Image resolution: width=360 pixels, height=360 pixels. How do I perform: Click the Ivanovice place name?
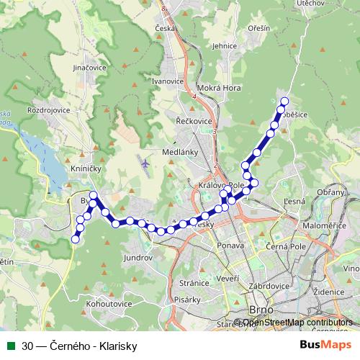167,81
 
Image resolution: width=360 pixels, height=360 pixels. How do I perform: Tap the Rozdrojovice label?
48,111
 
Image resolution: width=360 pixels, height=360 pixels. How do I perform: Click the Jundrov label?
139,256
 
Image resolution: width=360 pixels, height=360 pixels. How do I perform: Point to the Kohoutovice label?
109,304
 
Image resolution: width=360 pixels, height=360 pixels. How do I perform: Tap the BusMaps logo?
328,346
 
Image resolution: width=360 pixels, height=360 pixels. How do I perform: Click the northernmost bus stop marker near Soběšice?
284,102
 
